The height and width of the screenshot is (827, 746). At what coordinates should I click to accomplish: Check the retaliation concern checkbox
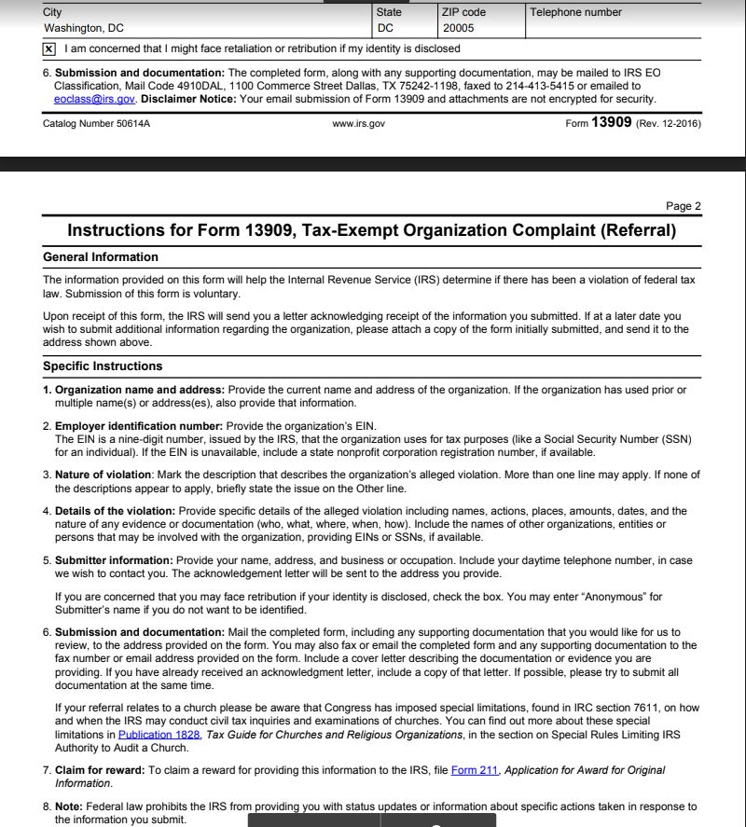[x=49, y=48]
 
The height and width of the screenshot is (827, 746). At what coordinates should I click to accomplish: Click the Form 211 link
[x=476, y=770]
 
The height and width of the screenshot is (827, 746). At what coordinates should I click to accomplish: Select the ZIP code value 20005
[x=459, y=28]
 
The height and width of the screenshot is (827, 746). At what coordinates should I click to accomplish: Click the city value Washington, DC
[x=84, y=28]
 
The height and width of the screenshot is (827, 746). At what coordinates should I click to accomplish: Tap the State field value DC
[x=386, y=28]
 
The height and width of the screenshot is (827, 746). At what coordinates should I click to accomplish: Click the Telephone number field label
[x=575, y=12]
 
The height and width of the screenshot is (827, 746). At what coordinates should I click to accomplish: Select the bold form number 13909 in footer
[x=612, y=123]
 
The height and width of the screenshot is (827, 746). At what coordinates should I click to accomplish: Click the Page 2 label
[x=684, y=206]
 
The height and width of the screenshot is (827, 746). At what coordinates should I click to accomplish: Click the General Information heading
[x=101, y=257]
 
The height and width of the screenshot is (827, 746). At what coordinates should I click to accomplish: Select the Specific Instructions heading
[x=103, y=366]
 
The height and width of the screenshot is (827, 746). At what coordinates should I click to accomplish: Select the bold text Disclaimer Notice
[x=187, y=99]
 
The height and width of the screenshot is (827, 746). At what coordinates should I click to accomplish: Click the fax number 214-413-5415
[x=531, y=86]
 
